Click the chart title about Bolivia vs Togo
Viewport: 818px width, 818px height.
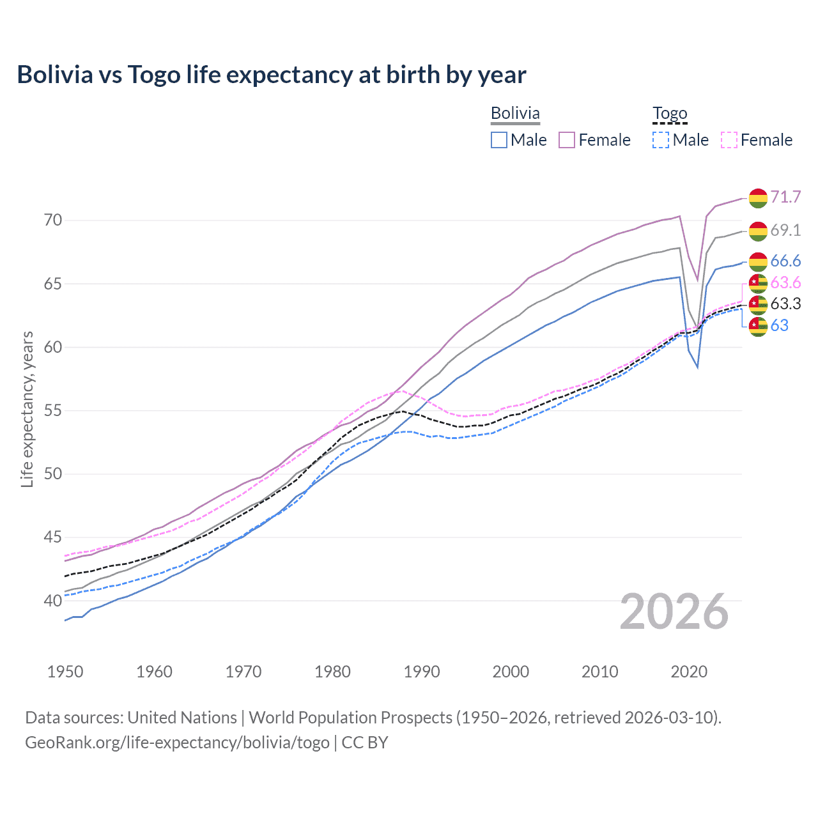tap(272, 75)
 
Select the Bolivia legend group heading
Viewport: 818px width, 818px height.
tap(515, 113)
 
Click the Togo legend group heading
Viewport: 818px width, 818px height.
tap(669, 113)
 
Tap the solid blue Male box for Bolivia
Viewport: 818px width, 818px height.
tap(499, 140)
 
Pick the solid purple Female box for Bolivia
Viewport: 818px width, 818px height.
tap(567, 140)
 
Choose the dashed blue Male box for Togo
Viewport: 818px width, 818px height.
tap(661, 140)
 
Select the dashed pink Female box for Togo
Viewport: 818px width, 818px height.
tap(729, 140)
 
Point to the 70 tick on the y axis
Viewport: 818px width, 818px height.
tap(53, 220)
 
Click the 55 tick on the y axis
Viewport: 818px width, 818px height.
tap(53, 411)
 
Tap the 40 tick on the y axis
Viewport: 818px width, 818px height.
tap(53, 601)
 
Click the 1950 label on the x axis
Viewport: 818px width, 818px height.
tap(65, 672)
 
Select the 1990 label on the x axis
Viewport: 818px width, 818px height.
tap(422, 672)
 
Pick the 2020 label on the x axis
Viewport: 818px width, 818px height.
tap(689, 672)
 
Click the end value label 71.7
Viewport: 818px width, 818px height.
tap(785, 197)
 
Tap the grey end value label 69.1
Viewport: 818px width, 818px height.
tap(785, 230)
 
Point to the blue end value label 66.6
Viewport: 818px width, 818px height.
tap(785, 261)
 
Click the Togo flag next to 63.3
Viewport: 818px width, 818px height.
tap(758, 304)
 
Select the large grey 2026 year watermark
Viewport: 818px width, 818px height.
tap(674, 612)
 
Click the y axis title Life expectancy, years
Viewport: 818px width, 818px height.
tap(27, 409)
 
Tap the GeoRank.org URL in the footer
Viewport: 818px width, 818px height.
tap(177, 743)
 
